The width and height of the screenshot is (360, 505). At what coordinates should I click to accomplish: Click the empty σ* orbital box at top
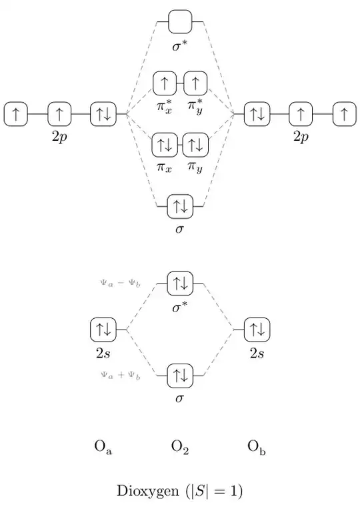[180, 22]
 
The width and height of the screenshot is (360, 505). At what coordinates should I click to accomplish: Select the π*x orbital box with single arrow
[165, 83]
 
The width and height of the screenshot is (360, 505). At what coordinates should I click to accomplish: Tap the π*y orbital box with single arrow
[195, 83]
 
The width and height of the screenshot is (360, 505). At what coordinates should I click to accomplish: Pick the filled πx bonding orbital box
[165, 145]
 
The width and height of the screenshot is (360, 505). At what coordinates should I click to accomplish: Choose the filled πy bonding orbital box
[195, 145]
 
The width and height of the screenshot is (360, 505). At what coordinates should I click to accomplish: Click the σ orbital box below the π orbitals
[180, 206]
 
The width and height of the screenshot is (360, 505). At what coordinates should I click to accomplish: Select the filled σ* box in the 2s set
[180, 284]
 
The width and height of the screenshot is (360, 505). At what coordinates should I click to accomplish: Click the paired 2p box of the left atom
[103, 114]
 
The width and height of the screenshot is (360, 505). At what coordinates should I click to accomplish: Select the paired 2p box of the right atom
[257, 114]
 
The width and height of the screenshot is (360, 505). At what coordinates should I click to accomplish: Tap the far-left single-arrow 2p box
[15, 114]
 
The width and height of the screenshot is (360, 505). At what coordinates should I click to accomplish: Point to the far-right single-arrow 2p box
[344, 114]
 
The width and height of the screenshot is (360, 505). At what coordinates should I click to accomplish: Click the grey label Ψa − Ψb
[121, 284]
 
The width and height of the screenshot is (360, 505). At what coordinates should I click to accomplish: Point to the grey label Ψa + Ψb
[121, 376]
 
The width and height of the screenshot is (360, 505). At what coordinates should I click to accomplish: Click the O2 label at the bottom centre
[180, 448]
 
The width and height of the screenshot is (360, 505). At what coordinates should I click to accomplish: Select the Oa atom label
[103, 448]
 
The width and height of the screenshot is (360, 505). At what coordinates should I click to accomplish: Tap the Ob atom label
[257, 448]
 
